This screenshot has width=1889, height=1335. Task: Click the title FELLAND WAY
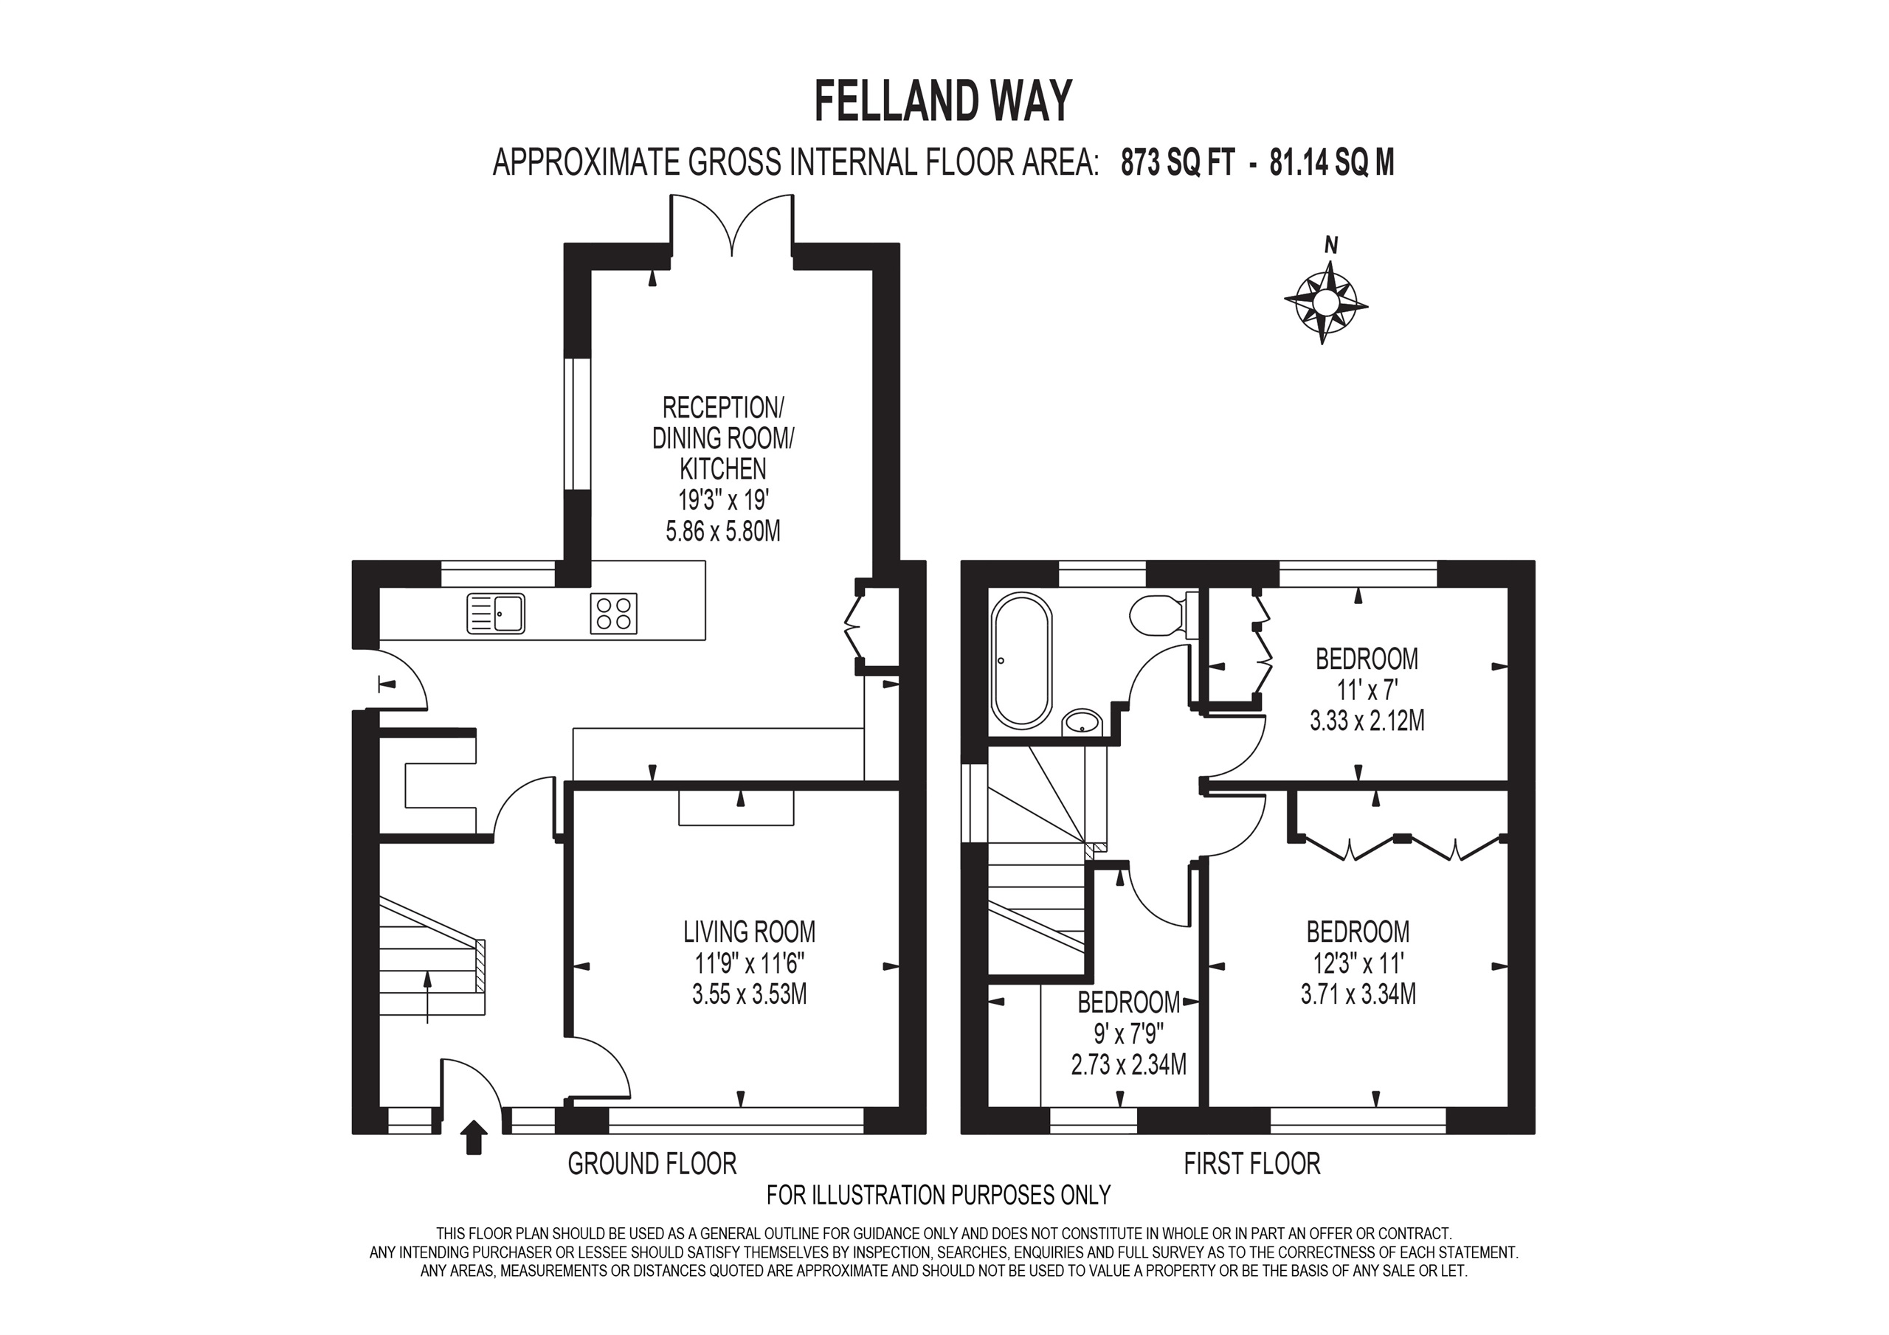[943, 101]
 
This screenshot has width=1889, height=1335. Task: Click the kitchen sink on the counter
[495, 614]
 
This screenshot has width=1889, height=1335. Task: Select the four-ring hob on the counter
[613, 614]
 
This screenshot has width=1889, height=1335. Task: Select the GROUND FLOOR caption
[652, 1163]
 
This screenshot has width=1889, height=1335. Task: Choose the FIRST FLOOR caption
[1251, 1163]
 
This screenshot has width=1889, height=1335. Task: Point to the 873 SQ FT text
[1178, 164]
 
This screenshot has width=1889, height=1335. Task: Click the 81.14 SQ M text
[1332, 164]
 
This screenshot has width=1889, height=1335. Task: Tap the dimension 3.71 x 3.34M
[1358, 994]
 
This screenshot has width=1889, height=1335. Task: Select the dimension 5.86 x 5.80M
[722, 531]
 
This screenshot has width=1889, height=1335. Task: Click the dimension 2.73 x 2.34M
[1128, 1065]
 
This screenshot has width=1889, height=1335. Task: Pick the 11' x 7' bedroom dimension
[1367, 690]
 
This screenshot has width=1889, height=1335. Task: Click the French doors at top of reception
[731, 223]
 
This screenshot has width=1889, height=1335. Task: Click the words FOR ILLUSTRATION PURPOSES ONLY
[938, 1194]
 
